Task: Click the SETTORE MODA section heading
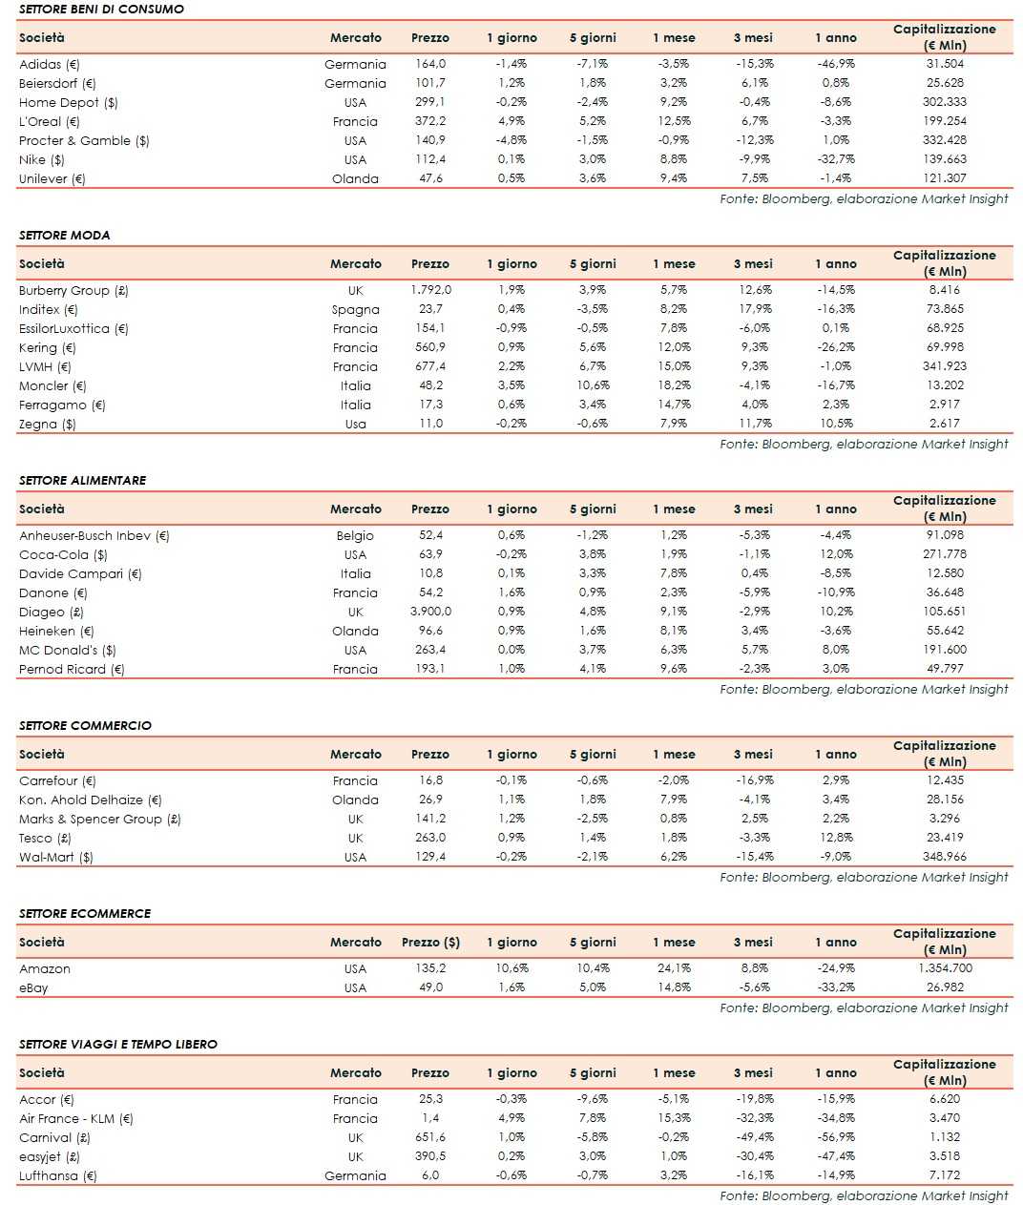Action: (x=64, y=235)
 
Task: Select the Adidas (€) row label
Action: (x=50, y=64)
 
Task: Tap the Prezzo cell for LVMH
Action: (x=430, y=366)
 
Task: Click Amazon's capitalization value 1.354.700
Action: (x=944, y=968)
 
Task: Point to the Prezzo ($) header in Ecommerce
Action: (x=430, y=943)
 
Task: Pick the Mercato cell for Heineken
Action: (x=355, y=631)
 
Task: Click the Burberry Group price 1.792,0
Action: (x=430, y=290)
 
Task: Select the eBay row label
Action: (x=33, y=987)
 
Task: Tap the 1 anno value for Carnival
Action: (x=836, y=1137)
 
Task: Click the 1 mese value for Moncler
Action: (x=674, y=385)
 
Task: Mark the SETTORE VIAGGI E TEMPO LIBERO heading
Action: (x=118, y=1045)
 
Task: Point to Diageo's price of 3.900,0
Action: (x=430, y=612)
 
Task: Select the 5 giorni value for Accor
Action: (x=593, y=1099)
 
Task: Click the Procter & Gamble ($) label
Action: (x=84, y=140)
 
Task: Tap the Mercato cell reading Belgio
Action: (x=355, y=535)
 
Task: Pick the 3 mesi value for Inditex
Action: (x=754, y=309)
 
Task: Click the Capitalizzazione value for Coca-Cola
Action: (x=944, y=554)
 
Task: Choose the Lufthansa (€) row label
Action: (x=58, y=1175)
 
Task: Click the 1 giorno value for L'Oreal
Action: (x=511, y=121)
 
